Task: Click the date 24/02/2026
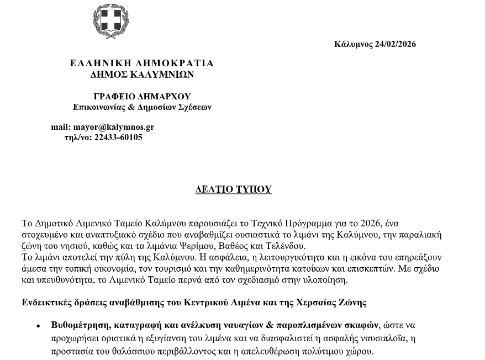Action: (x=396, y=44)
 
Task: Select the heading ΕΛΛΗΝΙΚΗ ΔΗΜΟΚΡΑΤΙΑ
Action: (x=142, y=63)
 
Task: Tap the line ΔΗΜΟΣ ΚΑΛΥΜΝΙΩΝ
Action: (x=142, y=74)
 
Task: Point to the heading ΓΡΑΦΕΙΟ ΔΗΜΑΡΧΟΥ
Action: (x=142, y=96)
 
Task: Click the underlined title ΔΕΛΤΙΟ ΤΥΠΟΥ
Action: (x=234, y=189)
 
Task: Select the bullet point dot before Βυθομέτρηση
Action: (x=38, y=326)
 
